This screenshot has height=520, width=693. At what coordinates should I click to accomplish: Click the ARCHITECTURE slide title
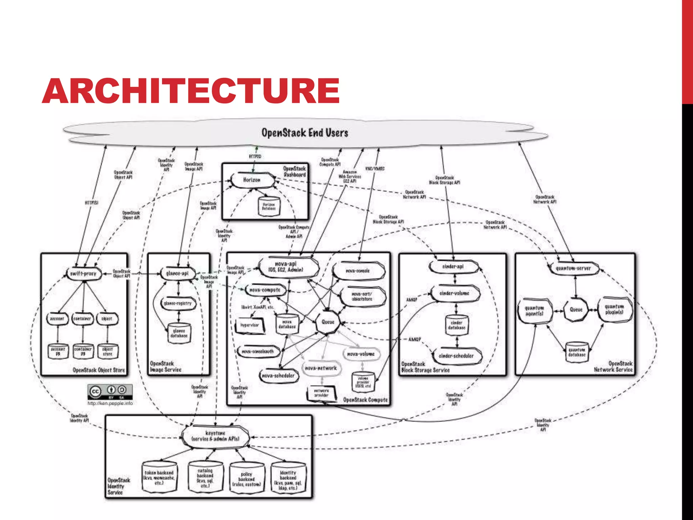(x=191, y=91)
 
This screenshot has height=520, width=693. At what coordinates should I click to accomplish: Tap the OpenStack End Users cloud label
(x=305, y=133)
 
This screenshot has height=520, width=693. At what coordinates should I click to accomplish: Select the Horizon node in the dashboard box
(x=252, y=180)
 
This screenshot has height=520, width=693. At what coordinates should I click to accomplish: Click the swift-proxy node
(x=83, y=274)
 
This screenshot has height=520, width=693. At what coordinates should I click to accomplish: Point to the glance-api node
(x=177, y=273)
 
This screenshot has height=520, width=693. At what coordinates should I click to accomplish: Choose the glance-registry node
(x=178, y=303)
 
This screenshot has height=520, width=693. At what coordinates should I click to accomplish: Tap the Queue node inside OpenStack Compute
(x=328, y=322)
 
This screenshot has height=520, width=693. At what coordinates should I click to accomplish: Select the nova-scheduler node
(x=278, y=375)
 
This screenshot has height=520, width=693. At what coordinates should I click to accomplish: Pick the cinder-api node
(x=453, y=267)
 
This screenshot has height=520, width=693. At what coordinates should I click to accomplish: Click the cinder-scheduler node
(x=456, y=356)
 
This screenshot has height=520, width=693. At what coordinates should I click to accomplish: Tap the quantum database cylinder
(x=577, y=352)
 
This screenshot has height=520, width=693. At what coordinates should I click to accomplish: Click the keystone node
(x=216, y=436)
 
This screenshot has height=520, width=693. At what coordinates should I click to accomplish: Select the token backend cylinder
(x=159, y=477)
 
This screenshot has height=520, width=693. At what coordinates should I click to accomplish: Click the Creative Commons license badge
(x=110, y=392)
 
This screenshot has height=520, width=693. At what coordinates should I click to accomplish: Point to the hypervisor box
(x=250, y=325)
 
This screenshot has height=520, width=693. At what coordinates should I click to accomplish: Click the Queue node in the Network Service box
(x=576, y=309)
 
